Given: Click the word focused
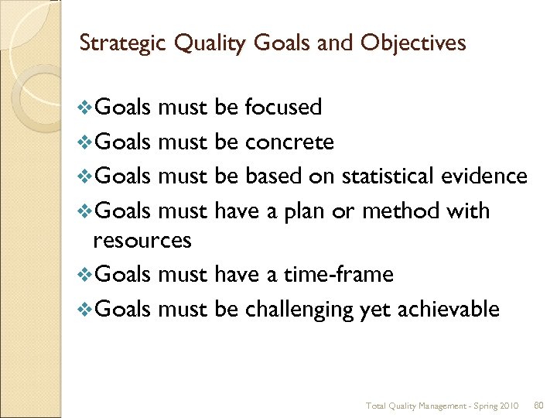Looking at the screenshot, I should click(283, 108).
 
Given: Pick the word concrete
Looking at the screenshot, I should click(289, 142).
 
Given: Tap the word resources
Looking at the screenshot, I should click(142, 241).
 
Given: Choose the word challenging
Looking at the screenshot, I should click(299, 309).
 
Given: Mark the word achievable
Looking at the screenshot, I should click(448, 309).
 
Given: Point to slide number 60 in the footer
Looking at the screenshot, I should click(539, 406).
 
